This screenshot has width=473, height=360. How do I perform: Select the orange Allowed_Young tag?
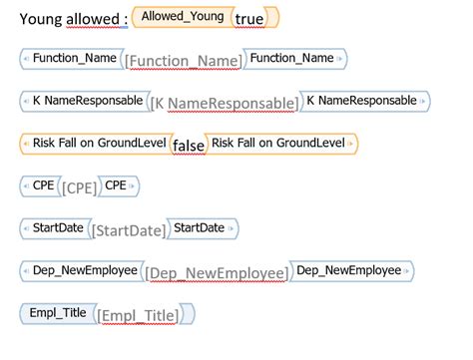[x=183, y=17]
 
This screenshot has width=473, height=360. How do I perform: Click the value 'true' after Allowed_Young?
[x=249, y=18]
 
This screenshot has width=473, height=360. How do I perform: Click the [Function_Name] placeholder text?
[x=183, y=62]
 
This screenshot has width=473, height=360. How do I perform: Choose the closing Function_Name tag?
[x=292, y=58]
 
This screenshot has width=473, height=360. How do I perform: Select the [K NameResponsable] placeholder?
[x=224, y=104]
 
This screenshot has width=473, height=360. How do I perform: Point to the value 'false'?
[x=188, y=147]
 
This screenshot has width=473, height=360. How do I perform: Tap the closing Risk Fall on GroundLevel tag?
[x=281, y=144]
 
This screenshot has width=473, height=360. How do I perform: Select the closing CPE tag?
[x=118, y=185]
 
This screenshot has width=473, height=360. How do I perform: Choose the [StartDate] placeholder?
[x=129, y=231]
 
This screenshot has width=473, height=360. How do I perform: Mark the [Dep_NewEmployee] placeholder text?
[x=217, y=273]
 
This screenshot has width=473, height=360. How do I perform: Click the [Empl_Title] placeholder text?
[x=138, y=316]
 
